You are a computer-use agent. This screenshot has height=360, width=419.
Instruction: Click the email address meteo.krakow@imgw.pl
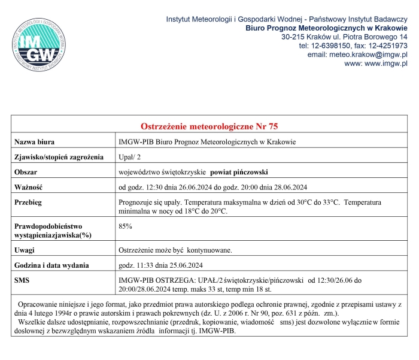click(357, 54)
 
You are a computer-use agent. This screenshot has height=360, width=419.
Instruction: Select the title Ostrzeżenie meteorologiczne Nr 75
click(209, 126)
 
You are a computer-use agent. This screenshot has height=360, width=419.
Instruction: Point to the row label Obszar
click(26, 172)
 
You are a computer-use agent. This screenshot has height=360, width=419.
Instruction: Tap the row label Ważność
click(29, 187)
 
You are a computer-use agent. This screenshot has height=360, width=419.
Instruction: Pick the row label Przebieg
click(28, 202)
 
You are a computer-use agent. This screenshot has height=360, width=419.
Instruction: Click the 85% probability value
click(126, 226)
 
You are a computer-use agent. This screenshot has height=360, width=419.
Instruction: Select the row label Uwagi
click(25, 250)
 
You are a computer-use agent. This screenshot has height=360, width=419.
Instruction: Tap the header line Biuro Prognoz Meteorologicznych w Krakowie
click(326, 28)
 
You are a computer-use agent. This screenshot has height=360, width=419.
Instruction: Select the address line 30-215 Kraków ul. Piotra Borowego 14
click(344, 37)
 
